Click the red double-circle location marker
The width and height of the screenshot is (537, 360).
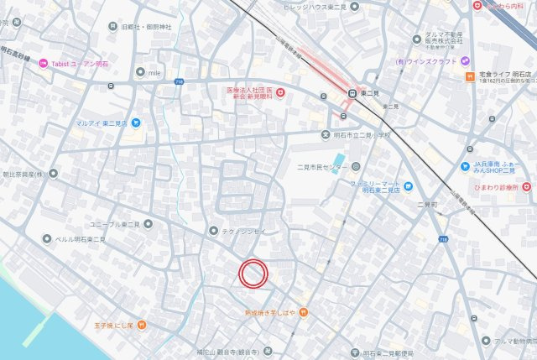pyautogui.click(x=253, y=273)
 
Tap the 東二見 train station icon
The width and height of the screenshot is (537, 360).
pyautogui.click(x=353, y=93)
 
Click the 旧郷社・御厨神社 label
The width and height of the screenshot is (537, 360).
pyautogui.click(x=146, y=28)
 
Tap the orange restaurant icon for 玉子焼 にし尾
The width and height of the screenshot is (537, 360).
pyautogui.click(x=143, y=324)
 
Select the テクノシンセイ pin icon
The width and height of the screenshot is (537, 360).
pyautogui.click(x=213, y=230)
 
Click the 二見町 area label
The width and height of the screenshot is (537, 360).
pyautogui.click(x=427, y=204)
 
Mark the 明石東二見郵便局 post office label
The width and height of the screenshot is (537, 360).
pyautogui.click(x=389, y=352)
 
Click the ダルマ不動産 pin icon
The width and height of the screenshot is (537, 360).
pyautogui.click(x=417, y=38)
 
